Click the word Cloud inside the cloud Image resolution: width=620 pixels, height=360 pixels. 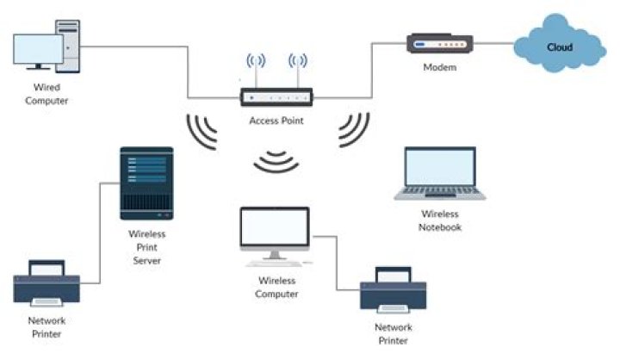point(560,47)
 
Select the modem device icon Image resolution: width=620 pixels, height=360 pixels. point(440,44)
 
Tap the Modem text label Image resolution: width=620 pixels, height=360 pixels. point(440,67)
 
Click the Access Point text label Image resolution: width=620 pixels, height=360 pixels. point(276,121)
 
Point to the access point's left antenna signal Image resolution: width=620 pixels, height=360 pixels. point(256,60)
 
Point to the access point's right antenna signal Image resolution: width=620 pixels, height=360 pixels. point(298,60)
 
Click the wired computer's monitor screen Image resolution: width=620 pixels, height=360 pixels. point(38,48)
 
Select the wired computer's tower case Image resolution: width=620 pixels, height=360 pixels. point(68,47)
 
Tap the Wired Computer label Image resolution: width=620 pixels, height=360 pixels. point(46,94)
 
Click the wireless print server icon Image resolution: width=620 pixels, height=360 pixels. point(146,183)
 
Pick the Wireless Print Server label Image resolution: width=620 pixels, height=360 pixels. point(146,247)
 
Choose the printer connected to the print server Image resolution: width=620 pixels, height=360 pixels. point(46,282)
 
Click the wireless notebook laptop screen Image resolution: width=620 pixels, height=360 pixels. point(440,167)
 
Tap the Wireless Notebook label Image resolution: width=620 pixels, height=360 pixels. point(440,220)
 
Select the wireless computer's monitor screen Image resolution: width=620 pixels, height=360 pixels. point(275,227)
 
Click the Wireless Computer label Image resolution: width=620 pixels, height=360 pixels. point(276,287)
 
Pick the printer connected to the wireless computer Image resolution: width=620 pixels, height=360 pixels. point(393,290)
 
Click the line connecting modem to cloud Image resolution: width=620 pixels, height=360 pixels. point(493,43)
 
